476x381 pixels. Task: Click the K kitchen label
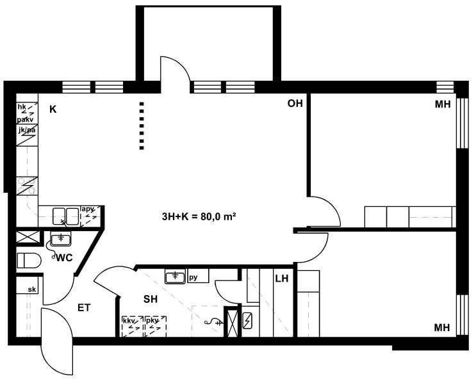click(x=53, y=109)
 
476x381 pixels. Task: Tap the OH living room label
click(x=295, y=104)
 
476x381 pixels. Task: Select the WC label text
click(x=64, y=258)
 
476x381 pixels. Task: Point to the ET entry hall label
click(x=84, y=308)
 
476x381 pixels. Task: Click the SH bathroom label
click(x=151, y=300)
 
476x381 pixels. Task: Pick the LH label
click(x=282, y=279)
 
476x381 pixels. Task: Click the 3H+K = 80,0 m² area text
click(x=199, y=216)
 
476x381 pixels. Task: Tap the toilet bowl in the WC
click(x=29, y=261)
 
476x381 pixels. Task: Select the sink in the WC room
click(x=61, y=238)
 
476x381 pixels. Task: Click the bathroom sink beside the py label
click(x=175, y=277)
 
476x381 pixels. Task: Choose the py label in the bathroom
click(x=193, y=277)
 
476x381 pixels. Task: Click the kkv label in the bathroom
click(x=129, y=320)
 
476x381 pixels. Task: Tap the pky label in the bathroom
click(x=151, y=320)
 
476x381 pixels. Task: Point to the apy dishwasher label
click(x=87, y=209)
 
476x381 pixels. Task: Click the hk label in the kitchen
click(x=22, y=107)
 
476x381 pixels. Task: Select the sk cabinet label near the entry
click(x=32, y=289)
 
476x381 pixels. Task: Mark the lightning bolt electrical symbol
click(x=247, y=321)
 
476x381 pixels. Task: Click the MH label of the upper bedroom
click(x=443, y=104)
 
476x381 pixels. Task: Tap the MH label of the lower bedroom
click(x=442, y=328)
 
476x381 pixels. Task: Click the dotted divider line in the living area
click(x=142, y=126)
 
